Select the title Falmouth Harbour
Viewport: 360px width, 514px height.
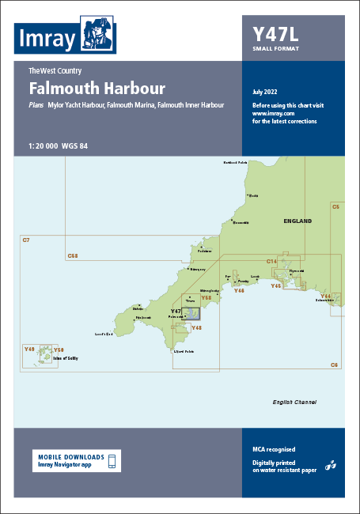pyautogui.click(x=97, y=88)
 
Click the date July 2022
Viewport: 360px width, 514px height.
pyautogui.click(x=267, y=93)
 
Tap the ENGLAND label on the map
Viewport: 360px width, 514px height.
pyautogui.click(x=297, y=221)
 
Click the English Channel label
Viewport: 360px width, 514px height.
pyautogui.click(x=294, y=402)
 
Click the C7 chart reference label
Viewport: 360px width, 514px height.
pyautogui.click(x=26, y=240)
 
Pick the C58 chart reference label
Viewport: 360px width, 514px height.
pyautogui.click(x=73, y=255)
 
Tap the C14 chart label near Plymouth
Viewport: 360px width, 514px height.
pyautogui.click(x=271, y=260)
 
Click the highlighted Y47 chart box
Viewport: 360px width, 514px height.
pyautogui.click(x=191, y=313)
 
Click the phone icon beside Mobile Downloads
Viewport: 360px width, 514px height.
pyautogui.click(x=112, y=461)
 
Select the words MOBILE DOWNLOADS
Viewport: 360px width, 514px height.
pyautogui.click(x=70, y=457)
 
